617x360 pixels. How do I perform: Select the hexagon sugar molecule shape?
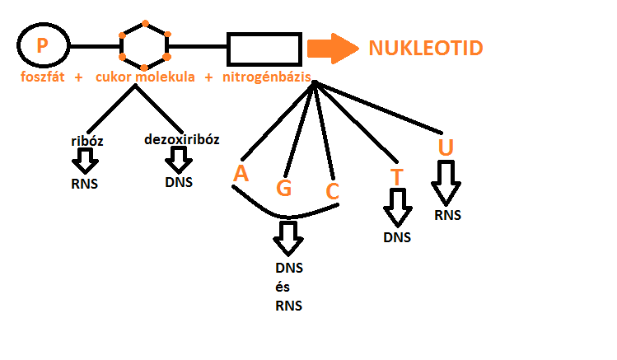click(x=145, y=45)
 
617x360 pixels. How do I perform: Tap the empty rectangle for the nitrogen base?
click(x=264, y=49)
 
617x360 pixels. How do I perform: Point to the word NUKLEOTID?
click(x=425, y=48)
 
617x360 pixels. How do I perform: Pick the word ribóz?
click(x=86, y=142)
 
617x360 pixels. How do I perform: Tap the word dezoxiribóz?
click(x=181, y=139)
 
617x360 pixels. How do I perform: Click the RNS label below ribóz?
click(x=84, y=183)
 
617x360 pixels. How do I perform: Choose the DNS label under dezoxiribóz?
click(x=179, y=181)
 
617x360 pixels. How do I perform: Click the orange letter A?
click(x=241, y=174)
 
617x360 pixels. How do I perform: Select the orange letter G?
click(x=283, y=189)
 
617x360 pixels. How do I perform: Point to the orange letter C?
click(x=332, y=192)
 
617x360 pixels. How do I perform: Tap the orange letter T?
click(x=397, y=177)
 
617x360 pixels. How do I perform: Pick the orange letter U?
click(x=446, y=148)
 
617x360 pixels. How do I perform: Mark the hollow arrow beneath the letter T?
click(x=398, y=207)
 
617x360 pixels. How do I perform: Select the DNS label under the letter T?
click(x=397, y=237)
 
